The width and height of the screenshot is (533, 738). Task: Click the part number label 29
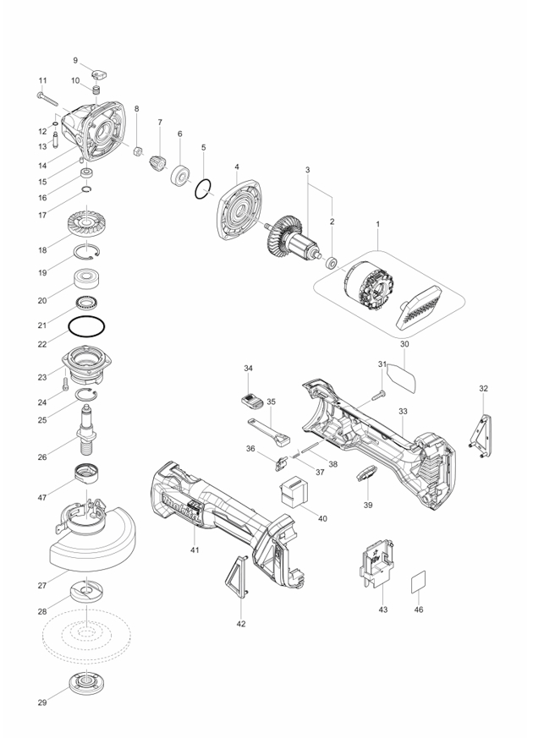42,702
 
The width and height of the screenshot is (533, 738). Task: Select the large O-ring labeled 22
86,326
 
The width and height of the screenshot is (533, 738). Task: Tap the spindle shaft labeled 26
86,429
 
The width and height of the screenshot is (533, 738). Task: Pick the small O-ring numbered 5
202,189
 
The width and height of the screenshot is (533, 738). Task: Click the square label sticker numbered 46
418,582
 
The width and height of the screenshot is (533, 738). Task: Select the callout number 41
195,549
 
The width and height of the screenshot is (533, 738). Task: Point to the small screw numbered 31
378,395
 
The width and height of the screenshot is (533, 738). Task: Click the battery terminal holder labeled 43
380,563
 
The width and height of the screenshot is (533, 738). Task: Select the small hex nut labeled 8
139,151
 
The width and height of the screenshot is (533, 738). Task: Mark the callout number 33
403,412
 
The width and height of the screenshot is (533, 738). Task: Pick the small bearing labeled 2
332,262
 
